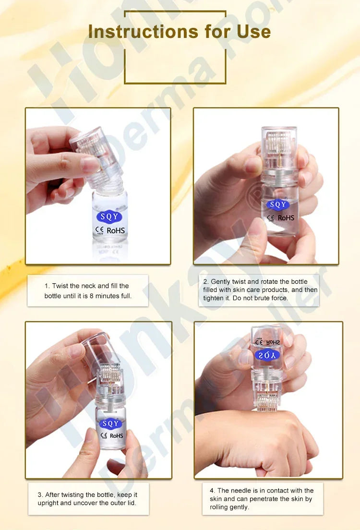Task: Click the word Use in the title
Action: coord(253,32)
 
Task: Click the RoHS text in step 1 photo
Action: coord(116,230)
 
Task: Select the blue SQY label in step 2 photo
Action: coord(278,205)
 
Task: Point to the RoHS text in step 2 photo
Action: coord(286,218)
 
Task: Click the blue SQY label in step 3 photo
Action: coord(111,424)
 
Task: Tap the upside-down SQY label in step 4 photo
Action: coord(266,355)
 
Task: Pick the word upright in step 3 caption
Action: coord(48,503)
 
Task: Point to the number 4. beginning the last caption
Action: coord(213,491)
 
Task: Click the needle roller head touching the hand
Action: coord(268,401)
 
